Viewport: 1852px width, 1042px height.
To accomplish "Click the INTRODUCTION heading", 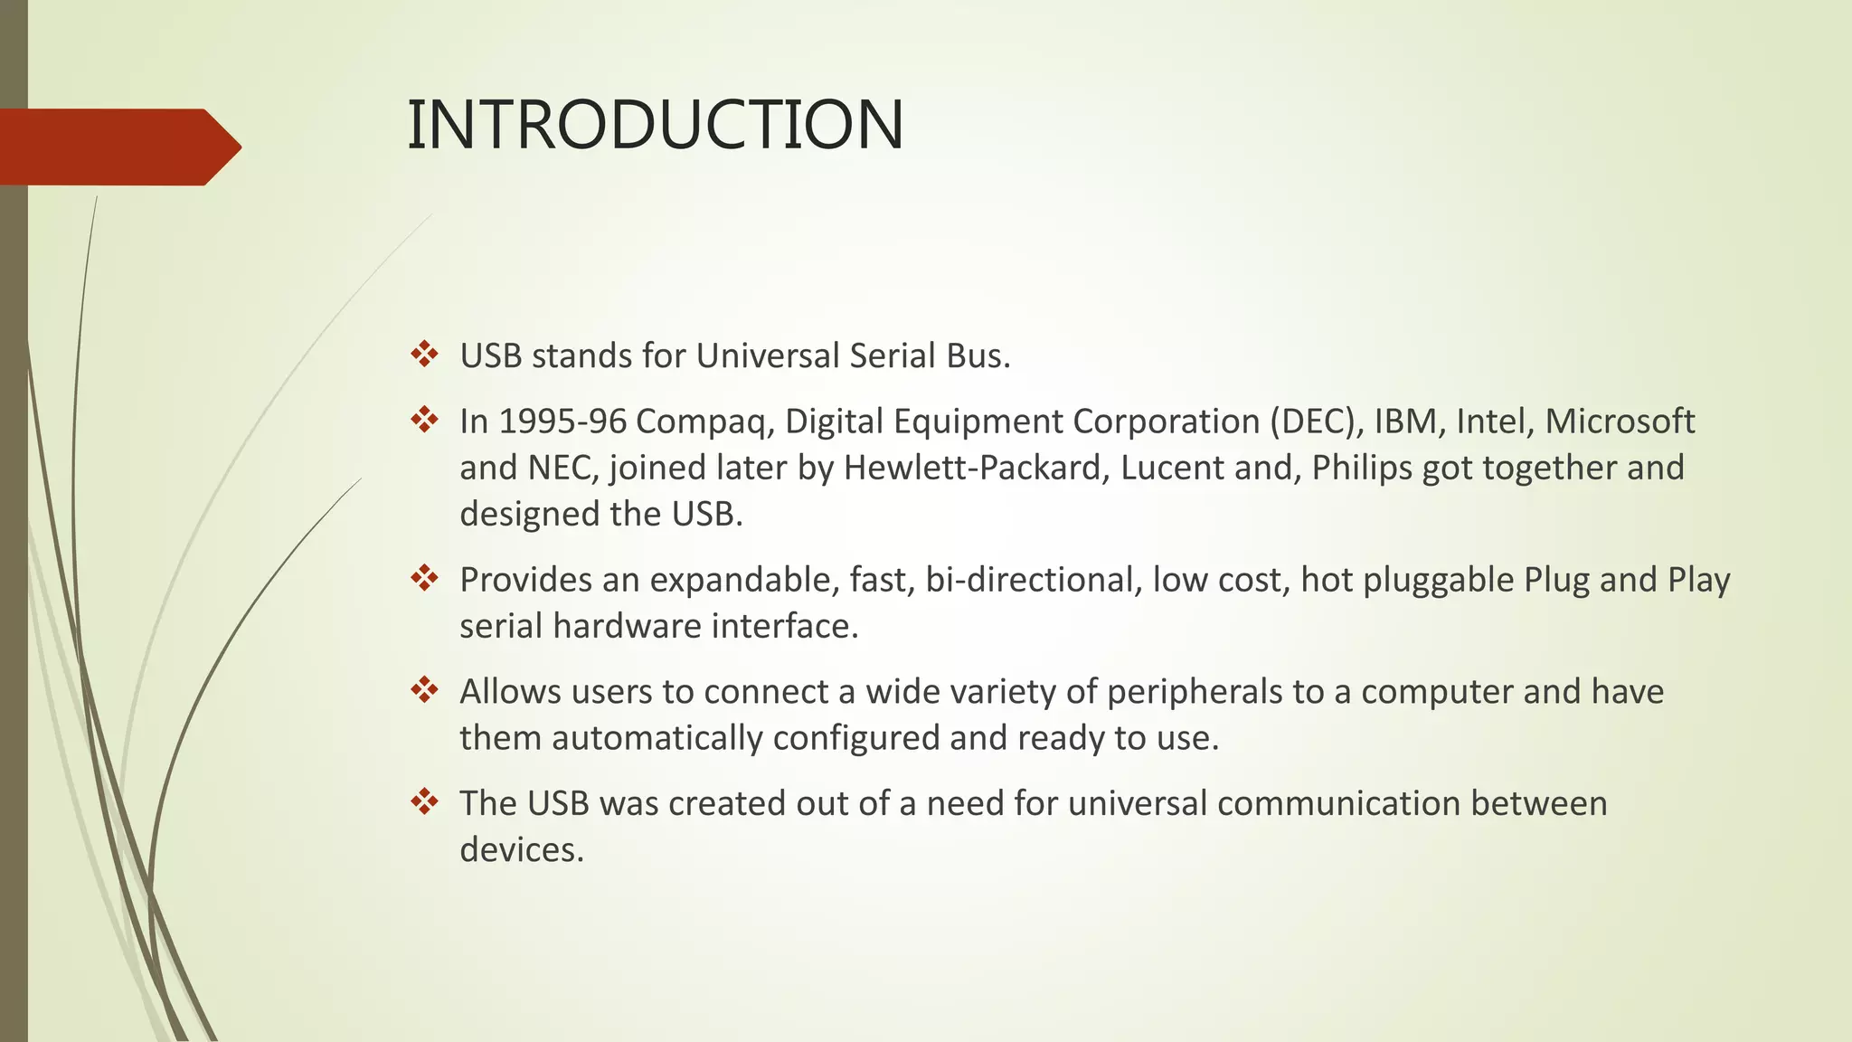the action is coord(655,125).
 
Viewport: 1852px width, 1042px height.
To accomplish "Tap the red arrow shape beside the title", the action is coord(118,147).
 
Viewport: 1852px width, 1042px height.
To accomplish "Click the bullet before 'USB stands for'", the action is coord(424,354).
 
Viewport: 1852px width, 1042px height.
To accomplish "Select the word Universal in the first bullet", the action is coord(768,355).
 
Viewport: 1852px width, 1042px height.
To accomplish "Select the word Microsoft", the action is coord(1620,422).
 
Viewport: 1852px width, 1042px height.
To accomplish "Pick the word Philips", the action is coord(1362,468).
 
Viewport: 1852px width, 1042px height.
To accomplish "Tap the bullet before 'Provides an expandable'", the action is coord(424,577).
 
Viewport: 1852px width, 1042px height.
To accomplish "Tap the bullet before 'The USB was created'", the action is coord(424,801).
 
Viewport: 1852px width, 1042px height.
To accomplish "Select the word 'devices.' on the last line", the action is coord(522,850).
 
